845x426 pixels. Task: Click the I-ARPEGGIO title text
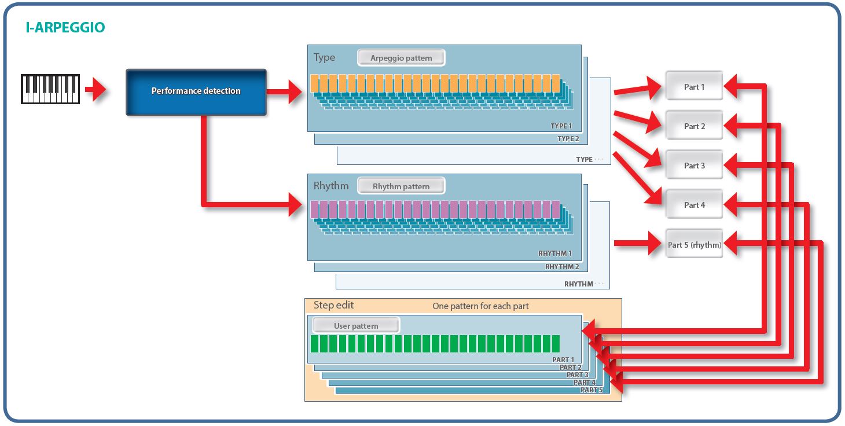[65, 27]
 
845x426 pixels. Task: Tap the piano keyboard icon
[50, 89]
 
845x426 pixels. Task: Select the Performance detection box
[196, 91]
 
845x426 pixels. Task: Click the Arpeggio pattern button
[401, 58]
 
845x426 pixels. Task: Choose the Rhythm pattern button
[401, 186]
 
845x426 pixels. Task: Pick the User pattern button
[355, 326]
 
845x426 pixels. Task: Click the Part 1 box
[694, 87]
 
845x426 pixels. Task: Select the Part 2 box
[694, 126]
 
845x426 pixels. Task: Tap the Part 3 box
[694, 166]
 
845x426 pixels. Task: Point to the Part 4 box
[694, 205]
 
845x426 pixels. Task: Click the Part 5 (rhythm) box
[694, 245]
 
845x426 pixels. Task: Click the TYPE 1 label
[561, 126]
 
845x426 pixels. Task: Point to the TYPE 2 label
[568, 139]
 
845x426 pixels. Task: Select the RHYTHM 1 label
[554, 254]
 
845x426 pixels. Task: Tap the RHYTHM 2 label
[561, 267]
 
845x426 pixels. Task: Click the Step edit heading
[333, 305]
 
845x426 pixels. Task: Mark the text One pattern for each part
[480, 306]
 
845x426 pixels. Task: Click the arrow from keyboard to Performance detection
[95, 90]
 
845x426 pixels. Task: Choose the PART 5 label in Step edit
[591, 390]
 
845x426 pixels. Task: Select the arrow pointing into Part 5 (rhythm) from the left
[637, 243]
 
